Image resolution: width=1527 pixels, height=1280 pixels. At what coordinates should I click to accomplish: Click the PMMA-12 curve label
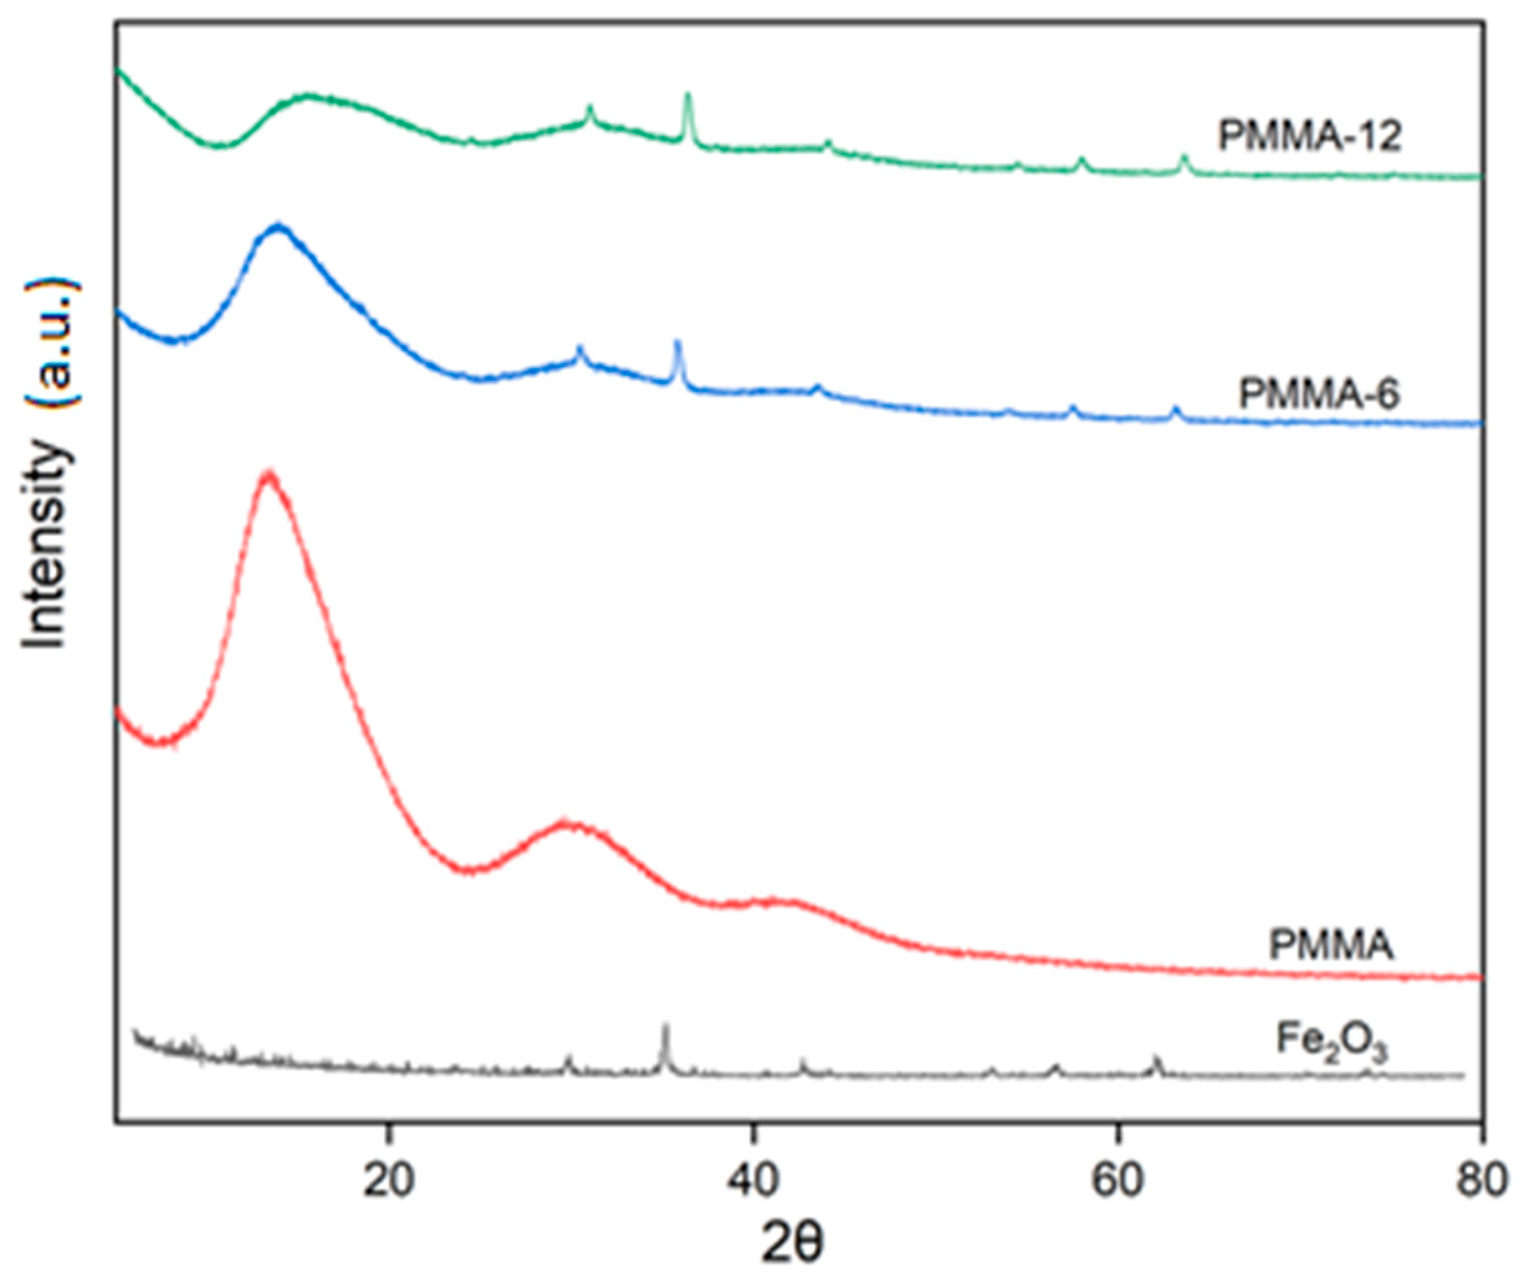1309,137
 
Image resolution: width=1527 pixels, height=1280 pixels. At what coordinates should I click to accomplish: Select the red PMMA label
1330,946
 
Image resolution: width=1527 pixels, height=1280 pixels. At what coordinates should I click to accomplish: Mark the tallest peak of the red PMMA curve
269,474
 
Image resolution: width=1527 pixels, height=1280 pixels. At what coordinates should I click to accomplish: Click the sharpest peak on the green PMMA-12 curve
688,95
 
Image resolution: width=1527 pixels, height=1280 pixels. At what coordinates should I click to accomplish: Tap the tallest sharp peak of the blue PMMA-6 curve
678,343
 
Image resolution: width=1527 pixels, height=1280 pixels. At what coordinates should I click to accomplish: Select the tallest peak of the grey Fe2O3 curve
664,1026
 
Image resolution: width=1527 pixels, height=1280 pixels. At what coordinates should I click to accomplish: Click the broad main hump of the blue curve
279,228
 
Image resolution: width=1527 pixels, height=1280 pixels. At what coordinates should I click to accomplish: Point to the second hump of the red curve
571,825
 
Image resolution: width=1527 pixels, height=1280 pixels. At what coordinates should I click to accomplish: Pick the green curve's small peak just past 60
1184,158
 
